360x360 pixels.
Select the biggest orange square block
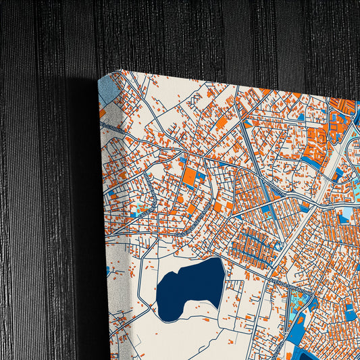pyautogui.click(x=191, y=177)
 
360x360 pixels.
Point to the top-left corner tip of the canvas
pyautogui.click(x=118, y=70)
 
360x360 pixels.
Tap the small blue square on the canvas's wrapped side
pyautogui.click(x=107, y=270)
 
